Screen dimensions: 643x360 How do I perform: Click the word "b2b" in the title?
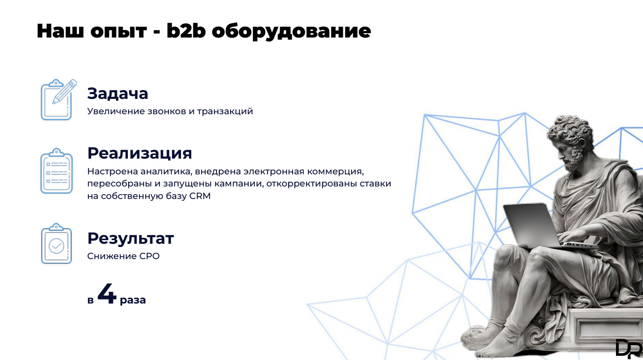pos(186,30)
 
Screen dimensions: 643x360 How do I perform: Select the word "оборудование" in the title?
pos(291,31)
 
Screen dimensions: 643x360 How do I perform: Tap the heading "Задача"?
pos(118,93)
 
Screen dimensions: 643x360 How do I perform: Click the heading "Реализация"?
pos(140,153)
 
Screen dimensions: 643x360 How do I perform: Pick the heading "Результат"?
pos(131,239)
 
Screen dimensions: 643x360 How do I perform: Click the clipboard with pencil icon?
pos(58,99)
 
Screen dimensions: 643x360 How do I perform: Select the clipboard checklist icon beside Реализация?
pos(56,171)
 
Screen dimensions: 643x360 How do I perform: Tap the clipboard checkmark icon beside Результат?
pos(56,244)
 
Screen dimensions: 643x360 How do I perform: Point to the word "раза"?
pos(133,300)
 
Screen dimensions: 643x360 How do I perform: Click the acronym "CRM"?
pos(200,196)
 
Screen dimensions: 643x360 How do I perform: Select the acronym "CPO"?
pos(149,256)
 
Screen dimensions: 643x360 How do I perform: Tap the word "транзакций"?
pos(225,111)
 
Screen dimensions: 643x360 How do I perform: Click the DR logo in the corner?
pos(628,349)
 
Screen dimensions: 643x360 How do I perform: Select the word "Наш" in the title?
pos(60,31)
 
